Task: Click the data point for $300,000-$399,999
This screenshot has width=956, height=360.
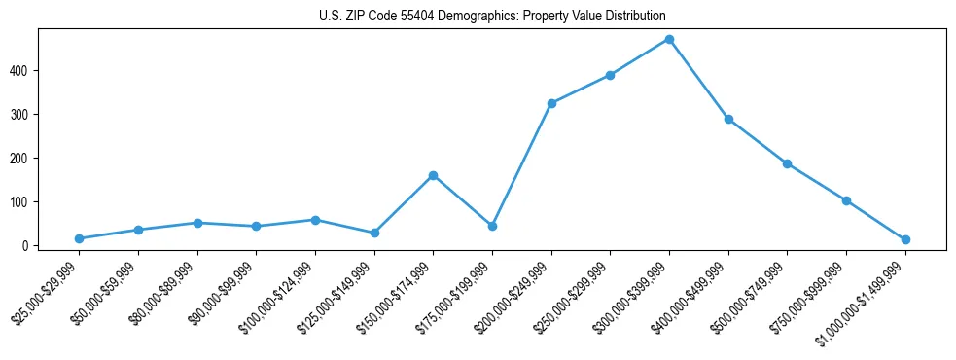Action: click(x=669, y=40)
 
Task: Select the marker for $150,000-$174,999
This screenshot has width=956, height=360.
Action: click(x=433, y=176)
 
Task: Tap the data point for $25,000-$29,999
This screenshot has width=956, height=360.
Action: click(x=79, y=238)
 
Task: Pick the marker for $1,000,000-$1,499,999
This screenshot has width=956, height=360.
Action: click(x=905, y=239)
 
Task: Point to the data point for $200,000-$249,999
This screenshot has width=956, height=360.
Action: click(x=551, y=103)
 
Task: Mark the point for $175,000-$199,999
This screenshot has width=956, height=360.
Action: click(x=492, y=226)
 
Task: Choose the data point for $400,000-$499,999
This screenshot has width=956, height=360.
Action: click(x=728, y=120)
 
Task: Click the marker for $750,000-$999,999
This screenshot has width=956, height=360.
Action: click(x=846, y=200)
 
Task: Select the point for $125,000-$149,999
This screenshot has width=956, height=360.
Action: click(x=374, y=233)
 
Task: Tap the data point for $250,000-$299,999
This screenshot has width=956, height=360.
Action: click(x=610, y=75)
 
